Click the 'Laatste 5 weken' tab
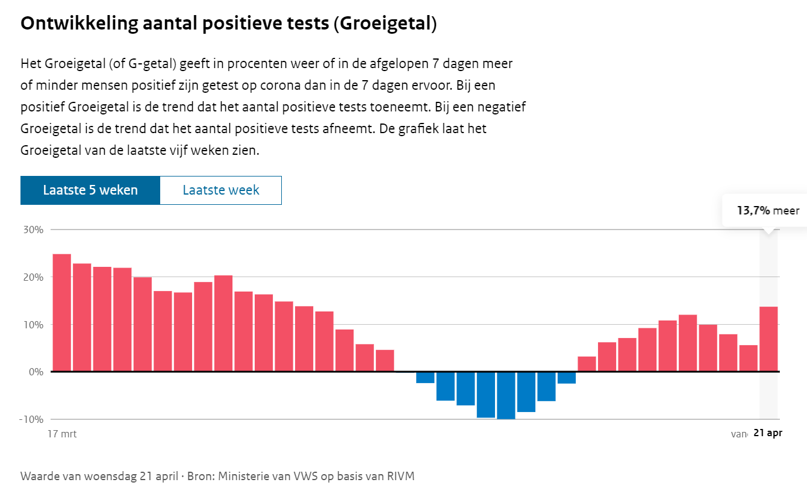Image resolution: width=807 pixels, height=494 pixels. pyautogui.click(x=90, y=190)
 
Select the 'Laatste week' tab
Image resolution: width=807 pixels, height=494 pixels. pyautogui.click(x=221, y=190)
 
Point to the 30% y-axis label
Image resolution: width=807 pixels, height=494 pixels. pyautogui.click(x=34, y=230)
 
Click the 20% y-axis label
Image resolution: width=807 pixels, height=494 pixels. pyautogui.click(x=34, y=278)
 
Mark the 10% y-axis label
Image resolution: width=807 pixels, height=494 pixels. pyautogui.click(x=34, y=325)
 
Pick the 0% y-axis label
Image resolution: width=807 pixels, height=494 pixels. pyautogui.click(x=36, y=372)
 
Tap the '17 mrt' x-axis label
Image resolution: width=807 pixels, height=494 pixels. pyautogui.click(x=62, y=434)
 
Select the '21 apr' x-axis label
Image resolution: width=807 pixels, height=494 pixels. pyautogui.click(x=767, y=434)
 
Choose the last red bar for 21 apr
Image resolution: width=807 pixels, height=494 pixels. pyautogui.click(x=768, y=339)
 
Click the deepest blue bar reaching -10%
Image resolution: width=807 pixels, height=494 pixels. pyautogui.click(x=506, y=395)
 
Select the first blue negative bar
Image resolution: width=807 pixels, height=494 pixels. pyautogui.click(x=425, y=378)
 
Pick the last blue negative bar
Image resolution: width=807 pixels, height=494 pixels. pyautogui.click(x=567, y=378)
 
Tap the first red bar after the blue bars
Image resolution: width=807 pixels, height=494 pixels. pyautogui.click(x=587, y=364)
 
